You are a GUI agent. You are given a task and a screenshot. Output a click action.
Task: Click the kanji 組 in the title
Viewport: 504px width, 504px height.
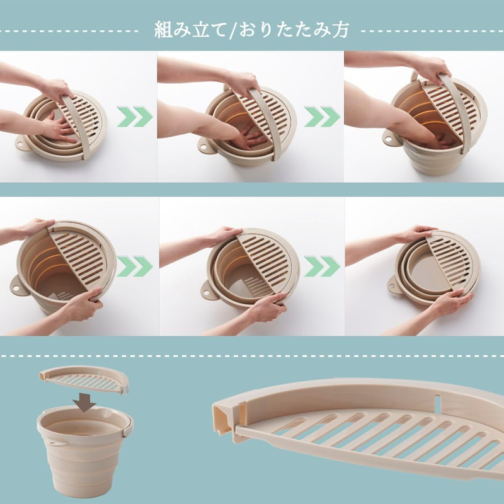click(x=163, y=30)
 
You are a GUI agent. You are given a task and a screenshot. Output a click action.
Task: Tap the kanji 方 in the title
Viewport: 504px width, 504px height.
click(x=341, y=30)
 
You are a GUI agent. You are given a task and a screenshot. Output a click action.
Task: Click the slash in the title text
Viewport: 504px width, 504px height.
click(x=232, y=30)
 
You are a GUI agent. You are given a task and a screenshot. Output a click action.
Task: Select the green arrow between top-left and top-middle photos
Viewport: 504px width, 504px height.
click(x=135, y=116)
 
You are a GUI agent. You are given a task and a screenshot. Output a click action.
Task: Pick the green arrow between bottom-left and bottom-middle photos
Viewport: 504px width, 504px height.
click(x=135, y=266)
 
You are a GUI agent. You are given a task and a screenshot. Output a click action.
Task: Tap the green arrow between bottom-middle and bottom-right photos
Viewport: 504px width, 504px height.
click(x=323, y=266)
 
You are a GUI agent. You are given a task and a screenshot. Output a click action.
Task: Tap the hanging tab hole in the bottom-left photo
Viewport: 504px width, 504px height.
click(x=14, y=288)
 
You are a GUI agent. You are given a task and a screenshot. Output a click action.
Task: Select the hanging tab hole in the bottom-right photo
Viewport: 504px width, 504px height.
click(x=392, y=285)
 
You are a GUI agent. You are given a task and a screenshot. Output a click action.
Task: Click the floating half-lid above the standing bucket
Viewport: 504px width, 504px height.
click(x=84, y=380)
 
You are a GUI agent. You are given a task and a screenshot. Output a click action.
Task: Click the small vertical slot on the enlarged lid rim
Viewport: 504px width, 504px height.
click(x=438, y=402)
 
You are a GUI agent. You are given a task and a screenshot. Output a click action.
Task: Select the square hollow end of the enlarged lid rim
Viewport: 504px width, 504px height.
click(x=222, y=415)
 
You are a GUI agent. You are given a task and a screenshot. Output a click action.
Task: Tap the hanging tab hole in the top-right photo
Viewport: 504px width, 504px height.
click(x=389, y=140)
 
